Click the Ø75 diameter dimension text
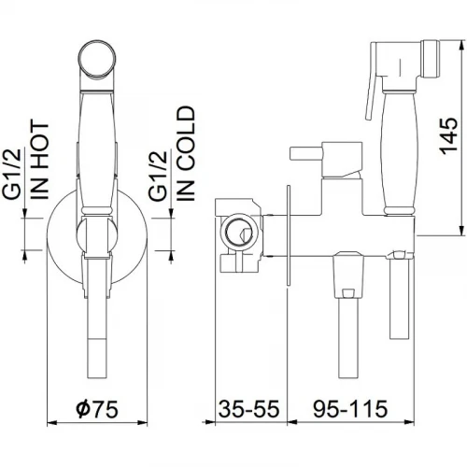[x=97, y=408]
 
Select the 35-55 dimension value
[x=248, y=408]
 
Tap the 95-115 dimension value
[x=350, y=408]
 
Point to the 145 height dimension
[x=448, y=135]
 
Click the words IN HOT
[x=40, y=162]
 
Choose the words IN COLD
[x=185, y=153]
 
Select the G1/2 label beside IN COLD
[x=158, y=176]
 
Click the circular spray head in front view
[x=97, y=59]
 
